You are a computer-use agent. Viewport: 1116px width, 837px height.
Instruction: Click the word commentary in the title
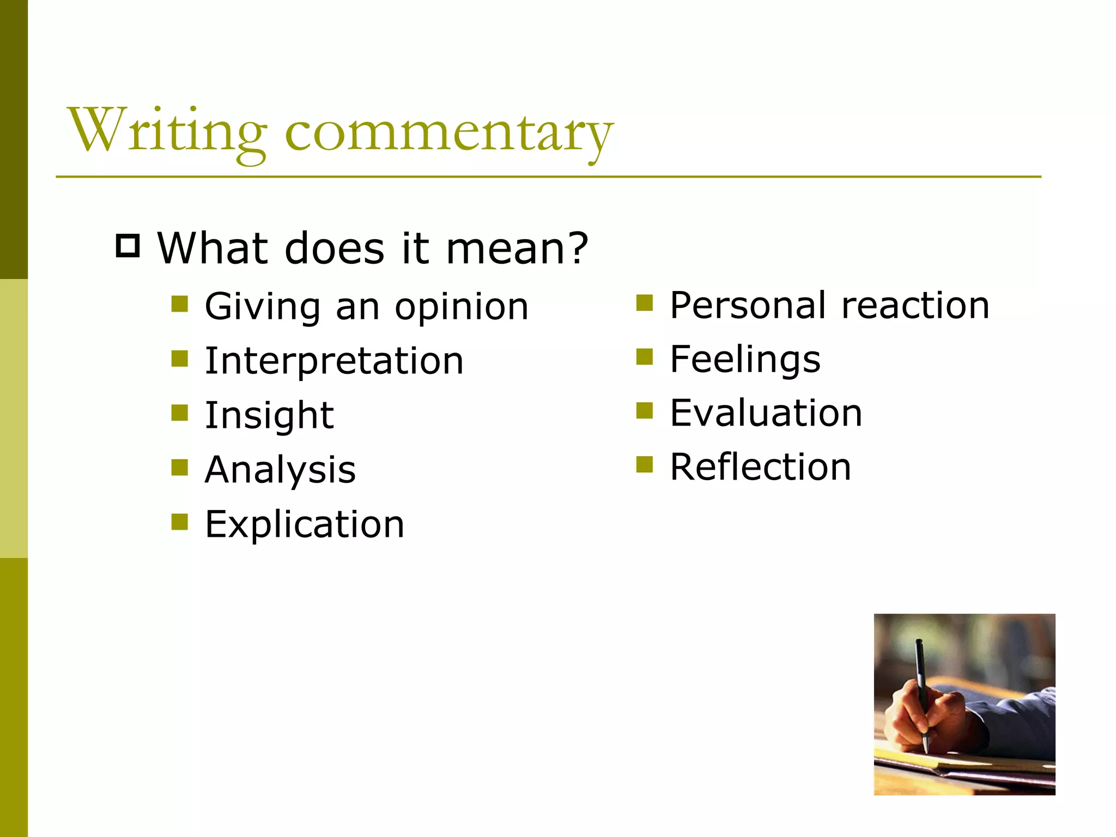449,133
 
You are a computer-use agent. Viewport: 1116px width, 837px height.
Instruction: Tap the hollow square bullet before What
128,246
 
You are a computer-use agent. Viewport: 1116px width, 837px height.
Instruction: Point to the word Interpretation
334,361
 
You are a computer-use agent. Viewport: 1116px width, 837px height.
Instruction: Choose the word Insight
269,415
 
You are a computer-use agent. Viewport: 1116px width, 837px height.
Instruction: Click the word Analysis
280,470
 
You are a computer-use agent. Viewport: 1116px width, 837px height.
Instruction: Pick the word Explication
305,524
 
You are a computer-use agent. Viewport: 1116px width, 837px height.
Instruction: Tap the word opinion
462,306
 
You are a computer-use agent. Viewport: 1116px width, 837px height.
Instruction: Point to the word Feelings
745,359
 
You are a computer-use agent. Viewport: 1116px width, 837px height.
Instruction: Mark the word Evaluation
766,413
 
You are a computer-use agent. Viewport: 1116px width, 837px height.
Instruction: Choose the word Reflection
760,467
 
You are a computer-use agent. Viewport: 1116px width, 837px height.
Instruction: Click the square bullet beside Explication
179,521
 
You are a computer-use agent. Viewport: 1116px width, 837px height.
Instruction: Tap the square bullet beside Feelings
644,357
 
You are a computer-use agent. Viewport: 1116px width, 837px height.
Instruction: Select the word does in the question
334,248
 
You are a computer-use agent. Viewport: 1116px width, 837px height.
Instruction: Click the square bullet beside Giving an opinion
179,304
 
